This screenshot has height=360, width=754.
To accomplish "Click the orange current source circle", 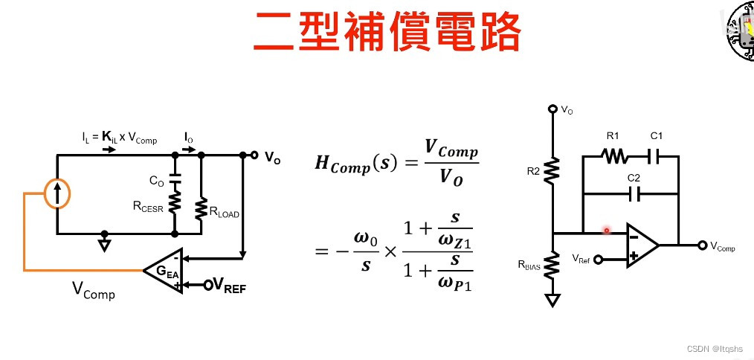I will pyautogui.click(x=57, y=194).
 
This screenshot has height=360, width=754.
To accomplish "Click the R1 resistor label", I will pyautogui.click(x=612, y=137).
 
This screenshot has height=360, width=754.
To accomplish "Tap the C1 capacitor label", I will pyautogui.click(x=656, y=137).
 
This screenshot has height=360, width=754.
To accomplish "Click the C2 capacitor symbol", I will pyautogui.click(x=634, y=193).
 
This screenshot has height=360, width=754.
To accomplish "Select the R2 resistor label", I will pyautogui.click(x=534, y=171).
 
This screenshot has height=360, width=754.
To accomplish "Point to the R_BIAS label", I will pyautogui.click(x=529, y=264).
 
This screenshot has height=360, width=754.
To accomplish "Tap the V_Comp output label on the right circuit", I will pyautogui.click(x=723, y=247).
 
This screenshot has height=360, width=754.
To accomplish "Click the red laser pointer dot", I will pyautogui.click(x=607, y=231).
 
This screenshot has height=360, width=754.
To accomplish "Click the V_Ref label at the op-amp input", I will pyautogui.click(x=581, y=258).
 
